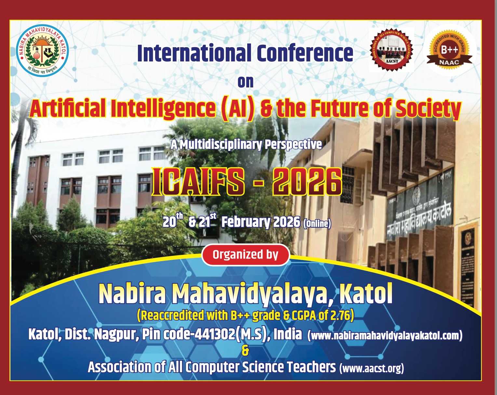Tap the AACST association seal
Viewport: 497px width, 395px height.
point(391,49)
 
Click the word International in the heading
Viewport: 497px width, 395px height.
point(194,53)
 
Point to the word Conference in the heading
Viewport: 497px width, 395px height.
point(304,53)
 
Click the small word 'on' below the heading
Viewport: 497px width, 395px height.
point(245,82)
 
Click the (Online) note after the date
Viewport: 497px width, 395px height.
point(317,223)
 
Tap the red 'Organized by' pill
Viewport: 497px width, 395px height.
point(245,255)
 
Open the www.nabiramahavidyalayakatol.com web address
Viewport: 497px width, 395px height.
point(385,335)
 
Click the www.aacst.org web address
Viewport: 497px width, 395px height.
point(371,368)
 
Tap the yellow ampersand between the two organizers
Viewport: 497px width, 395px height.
point(245,351)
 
